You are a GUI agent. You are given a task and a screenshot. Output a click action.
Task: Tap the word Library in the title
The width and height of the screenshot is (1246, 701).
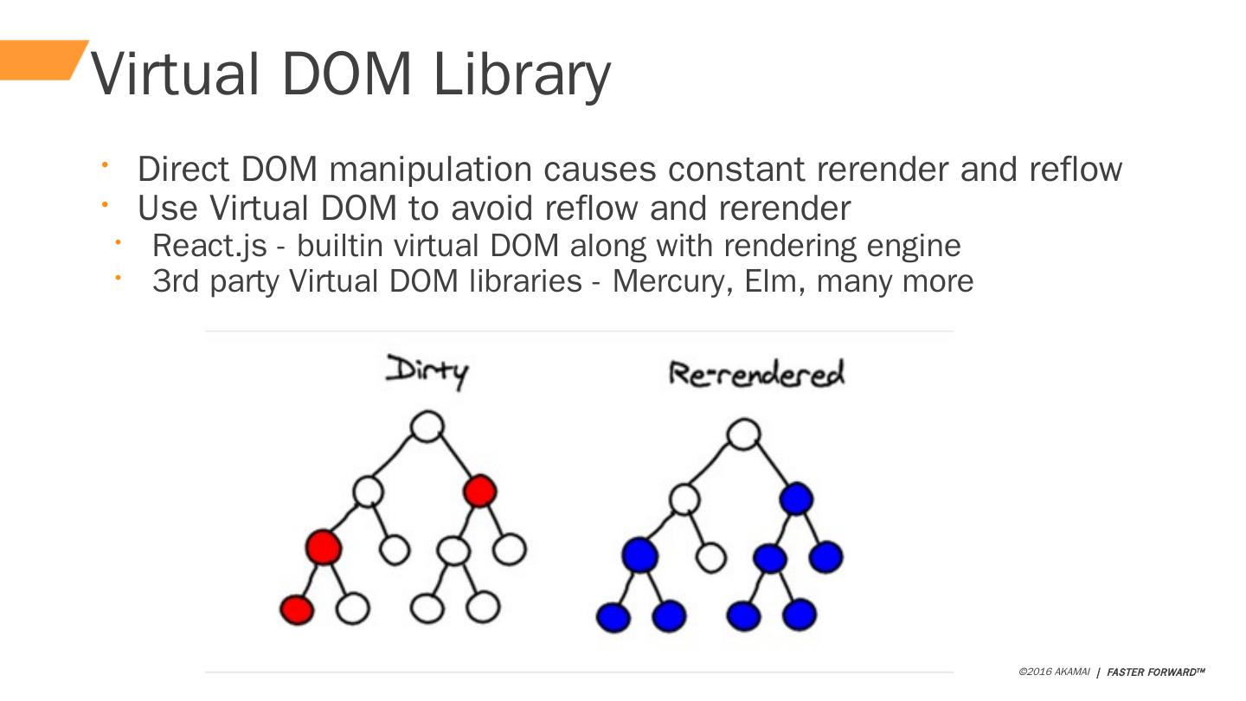pos(522,75)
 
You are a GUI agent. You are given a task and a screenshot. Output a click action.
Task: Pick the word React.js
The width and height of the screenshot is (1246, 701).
pos(209,246)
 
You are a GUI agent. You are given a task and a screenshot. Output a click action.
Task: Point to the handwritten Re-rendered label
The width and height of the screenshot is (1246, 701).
pos(756,373)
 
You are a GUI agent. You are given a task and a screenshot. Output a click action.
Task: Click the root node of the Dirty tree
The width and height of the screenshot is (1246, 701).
pos(427,426)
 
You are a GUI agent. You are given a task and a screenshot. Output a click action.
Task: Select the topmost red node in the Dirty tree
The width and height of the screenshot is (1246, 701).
pos(479,492)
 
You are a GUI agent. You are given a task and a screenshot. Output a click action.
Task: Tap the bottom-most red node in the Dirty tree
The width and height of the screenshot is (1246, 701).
pos(297,609)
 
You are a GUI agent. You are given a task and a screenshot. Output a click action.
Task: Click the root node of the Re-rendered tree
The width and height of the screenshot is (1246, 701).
pos(744,434)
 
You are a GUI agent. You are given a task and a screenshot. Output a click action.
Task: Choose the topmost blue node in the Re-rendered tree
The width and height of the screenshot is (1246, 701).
pos(795,499)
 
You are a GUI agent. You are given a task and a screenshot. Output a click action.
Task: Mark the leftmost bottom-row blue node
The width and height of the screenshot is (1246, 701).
pos(613,617)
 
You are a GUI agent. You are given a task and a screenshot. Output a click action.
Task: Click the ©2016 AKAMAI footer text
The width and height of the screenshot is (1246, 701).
pos(1054,672)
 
